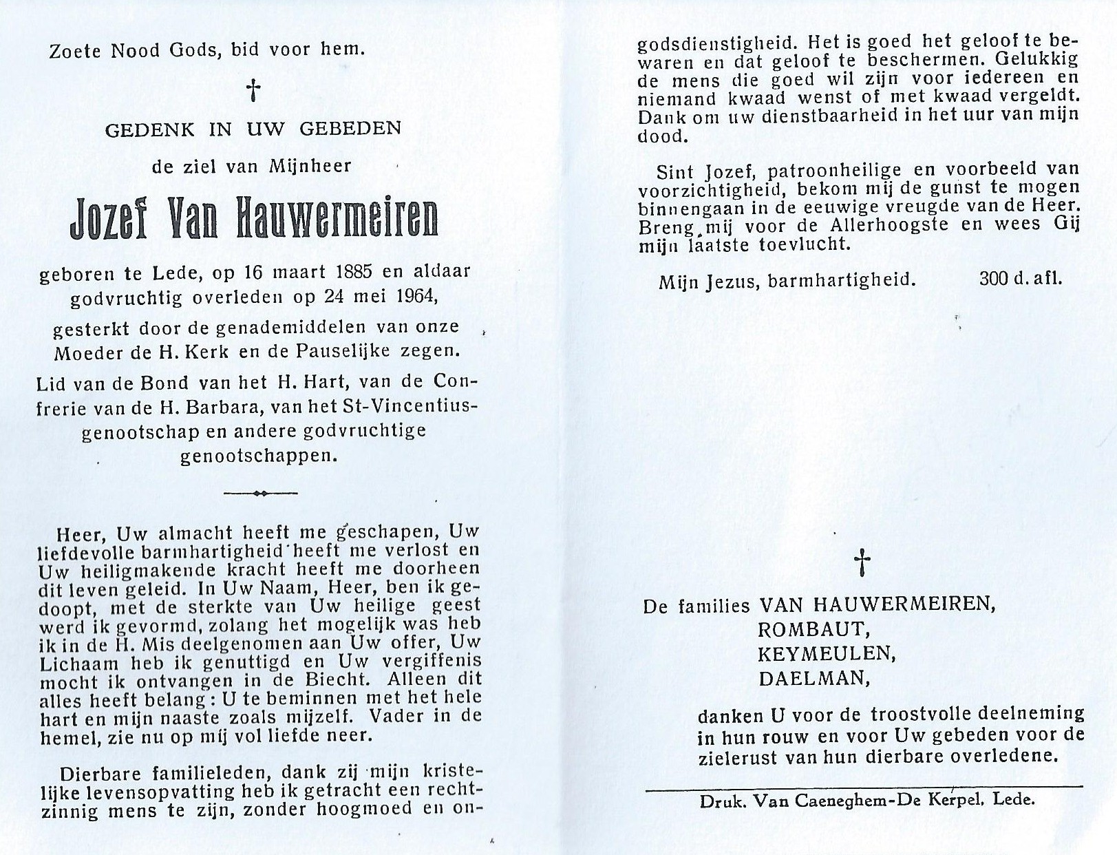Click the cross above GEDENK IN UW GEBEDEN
point(255,90)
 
